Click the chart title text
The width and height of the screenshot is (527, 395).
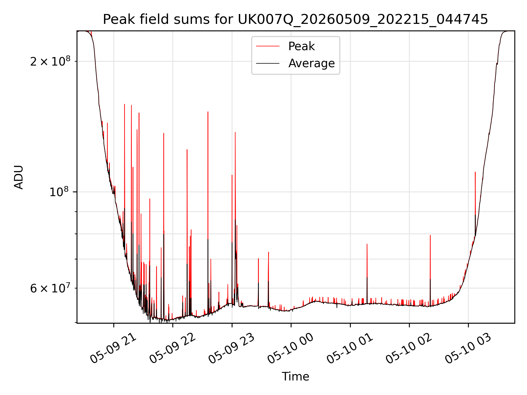(295, 19)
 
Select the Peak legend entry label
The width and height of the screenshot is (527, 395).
(301, 46)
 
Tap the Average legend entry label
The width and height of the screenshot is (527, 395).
(312, 63)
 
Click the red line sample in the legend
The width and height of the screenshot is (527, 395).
(268, 46)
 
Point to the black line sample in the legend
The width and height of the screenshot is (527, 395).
(268, 63)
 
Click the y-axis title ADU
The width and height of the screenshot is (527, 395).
(19, 177)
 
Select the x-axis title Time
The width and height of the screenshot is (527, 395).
(295, 377)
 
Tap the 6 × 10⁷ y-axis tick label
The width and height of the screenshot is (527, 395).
(50, 288)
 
